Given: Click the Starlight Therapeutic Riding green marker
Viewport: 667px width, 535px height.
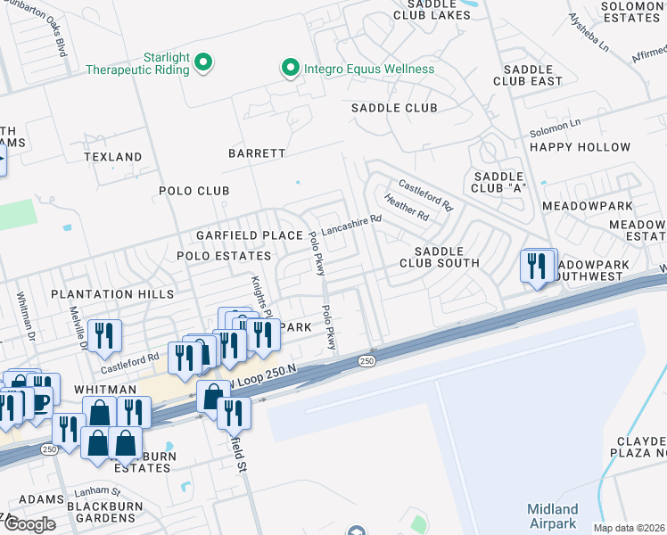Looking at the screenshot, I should tap(203, 62).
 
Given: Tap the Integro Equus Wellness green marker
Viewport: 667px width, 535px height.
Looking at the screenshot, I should tap(289, 69).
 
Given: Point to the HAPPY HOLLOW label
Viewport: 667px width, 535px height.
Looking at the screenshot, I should tap(580, 147).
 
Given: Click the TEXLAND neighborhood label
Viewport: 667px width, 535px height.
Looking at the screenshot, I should tap(113, 157).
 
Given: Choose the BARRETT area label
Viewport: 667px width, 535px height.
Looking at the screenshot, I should tap(257, 153).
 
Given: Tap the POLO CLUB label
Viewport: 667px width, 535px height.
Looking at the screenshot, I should tap(194, 191).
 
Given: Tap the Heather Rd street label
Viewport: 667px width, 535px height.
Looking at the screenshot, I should tap(406, 208).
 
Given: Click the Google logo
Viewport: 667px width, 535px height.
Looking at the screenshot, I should tap(29, 524).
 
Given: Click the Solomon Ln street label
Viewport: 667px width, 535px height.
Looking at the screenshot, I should tap(555, 127).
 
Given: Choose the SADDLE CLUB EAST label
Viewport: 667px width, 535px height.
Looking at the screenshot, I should tap(532, 75).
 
